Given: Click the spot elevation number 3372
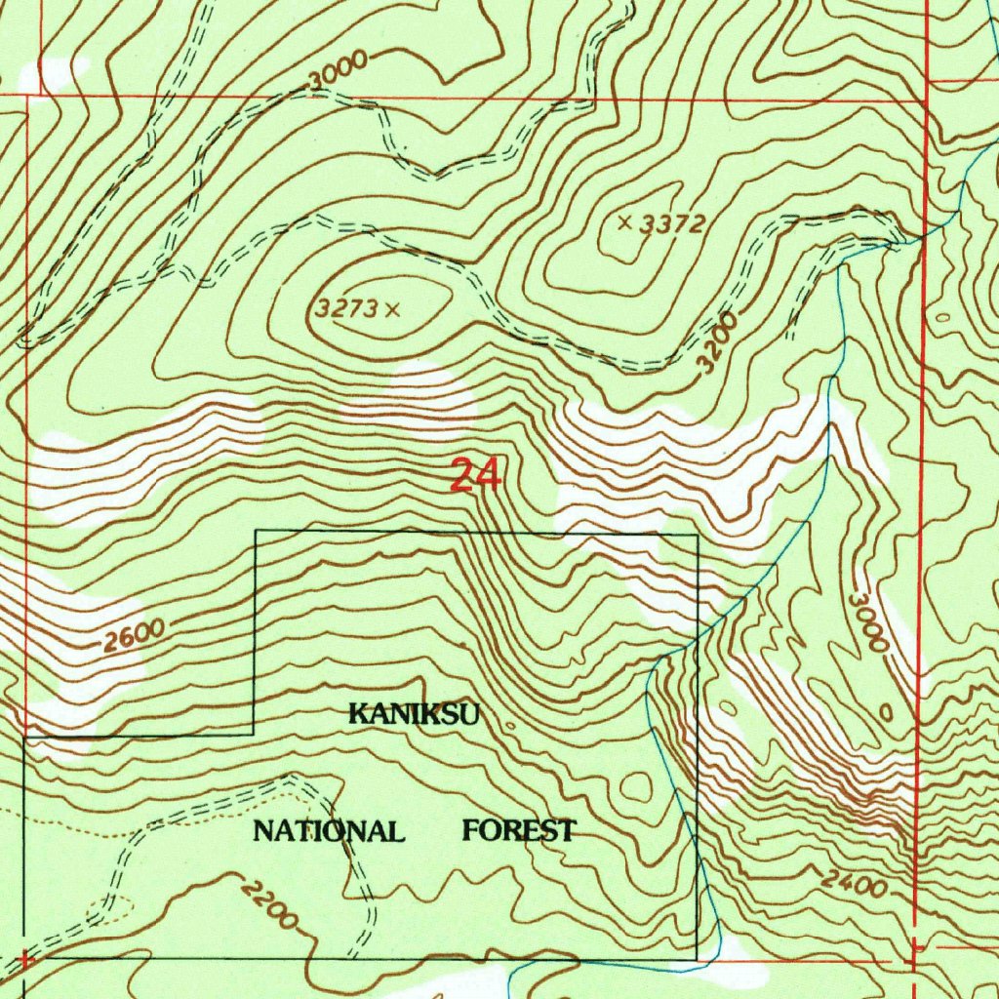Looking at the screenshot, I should (x=674, y=224).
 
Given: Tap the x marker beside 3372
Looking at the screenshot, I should (x=625, y=222).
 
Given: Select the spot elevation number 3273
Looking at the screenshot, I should (x=345, y=309).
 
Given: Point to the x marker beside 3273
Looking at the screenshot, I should (x=392, y=310).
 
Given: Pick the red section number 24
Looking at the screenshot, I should (x=476, y=476).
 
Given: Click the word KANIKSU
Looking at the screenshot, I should (x=414, y=715).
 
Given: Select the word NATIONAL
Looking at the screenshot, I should (x=329, y=832).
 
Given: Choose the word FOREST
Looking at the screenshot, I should (x=518, y=831).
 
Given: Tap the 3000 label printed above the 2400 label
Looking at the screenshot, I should (x=868, y=622).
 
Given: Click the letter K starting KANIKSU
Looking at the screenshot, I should (x=357, y=715).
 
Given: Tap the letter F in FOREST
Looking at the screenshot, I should (x=470, y=831).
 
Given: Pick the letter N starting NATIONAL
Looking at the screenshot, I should (x=262, y=832).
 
